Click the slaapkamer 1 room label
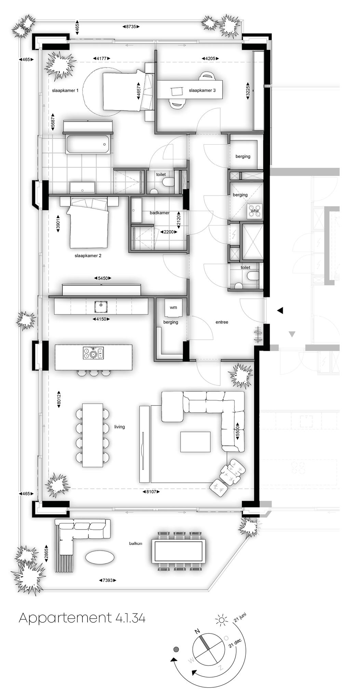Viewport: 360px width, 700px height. click(65, 91)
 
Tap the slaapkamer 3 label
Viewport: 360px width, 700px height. click(202, 91)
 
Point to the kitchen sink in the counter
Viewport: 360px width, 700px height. click(101, 307)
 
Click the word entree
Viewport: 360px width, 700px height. click(222, 322)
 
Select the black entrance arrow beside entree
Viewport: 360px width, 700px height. click(280, 310)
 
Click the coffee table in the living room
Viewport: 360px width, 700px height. click(196, 442)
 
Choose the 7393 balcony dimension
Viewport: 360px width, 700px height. click(108, 580)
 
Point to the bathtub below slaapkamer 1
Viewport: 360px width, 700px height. click(88, 145)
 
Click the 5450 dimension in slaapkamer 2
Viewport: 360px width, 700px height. click(103, 278)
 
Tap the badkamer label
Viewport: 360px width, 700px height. click(160, 213)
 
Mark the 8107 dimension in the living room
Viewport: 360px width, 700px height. click(151, 492)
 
